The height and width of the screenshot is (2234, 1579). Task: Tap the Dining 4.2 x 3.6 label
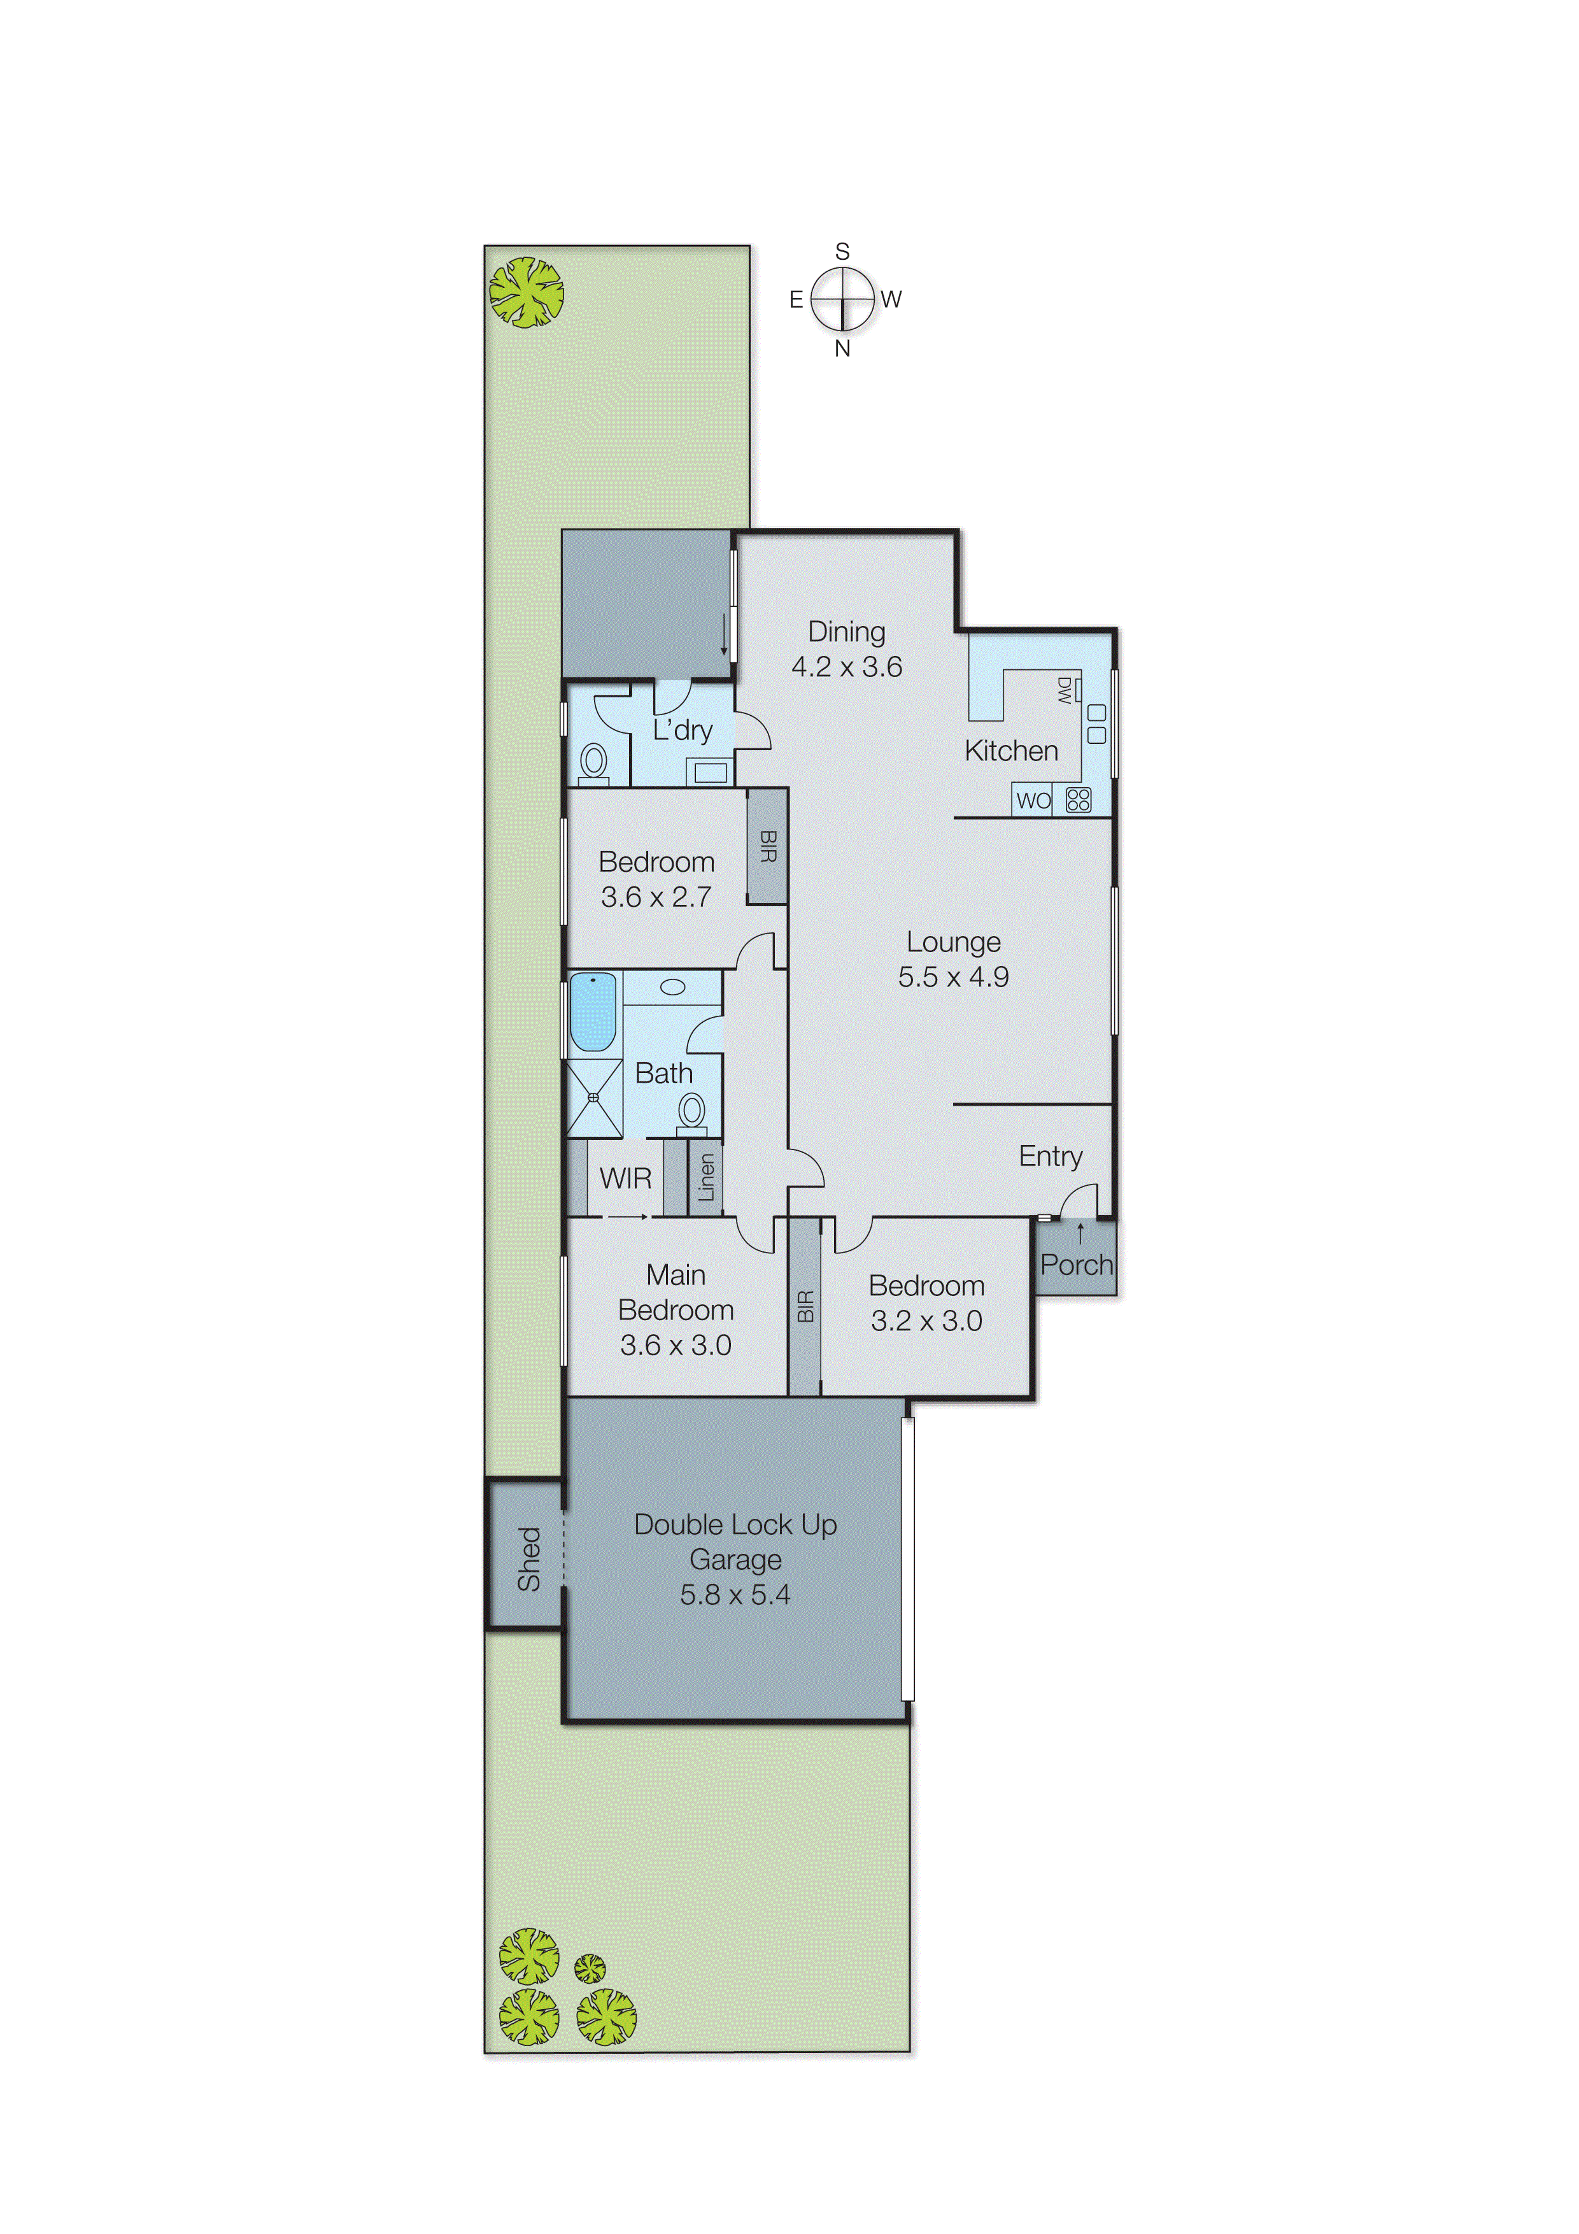tap(846, 649)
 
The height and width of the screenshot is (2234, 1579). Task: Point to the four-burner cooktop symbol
tap(1078, 800)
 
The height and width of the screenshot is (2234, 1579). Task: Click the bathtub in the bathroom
tap(593, 1012)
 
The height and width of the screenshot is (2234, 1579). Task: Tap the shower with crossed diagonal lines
tap(593, 1097)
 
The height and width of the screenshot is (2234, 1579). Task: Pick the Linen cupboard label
tap(706, 1177)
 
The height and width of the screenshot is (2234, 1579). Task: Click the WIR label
tap(626, 1178)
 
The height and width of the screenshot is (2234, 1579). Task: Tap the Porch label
tap(1076, 1265)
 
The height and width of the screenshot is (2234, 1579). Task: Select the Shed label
tap(528, 1559)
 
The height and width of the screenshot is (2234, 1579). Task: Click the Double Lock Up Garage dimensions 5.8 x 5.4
tap(735, 1595)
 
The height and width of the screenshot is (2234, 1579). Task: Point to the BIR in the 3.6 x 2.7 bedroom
tap(768, 846)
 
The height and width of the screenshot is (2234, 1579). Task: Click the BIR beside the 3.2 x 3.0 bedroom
tap(805, 1307)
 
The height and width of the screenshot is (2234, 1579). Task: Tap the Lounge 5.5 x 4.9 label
tap(952, 958)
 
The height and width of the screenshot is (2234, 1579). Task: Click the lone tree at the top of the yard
tap(527, 292)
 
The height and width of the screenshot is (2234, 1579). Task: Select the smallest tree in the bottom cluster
tap(590, 1968)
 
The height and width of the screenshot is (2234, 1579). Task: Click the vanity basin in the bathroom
tap(672, 986)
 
